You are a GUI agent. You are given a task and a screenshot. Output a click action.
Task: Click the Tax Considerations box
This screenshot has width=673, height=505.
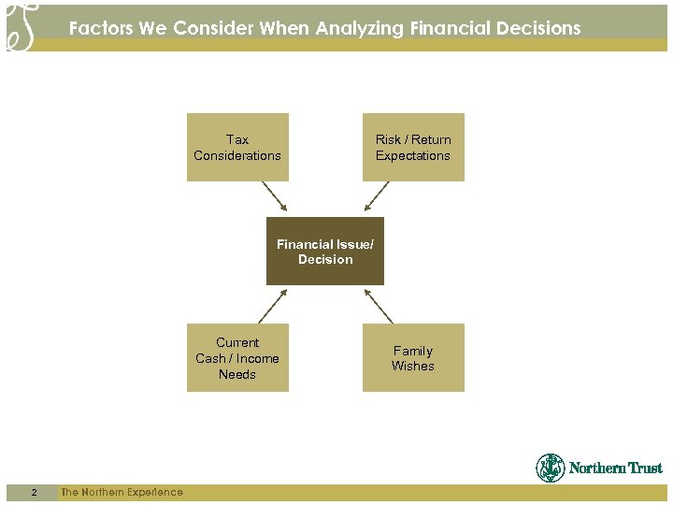[237, 147]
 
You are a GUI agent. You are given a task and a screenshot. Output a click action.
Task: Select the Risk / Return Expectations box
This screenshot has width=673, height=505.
[413, 147]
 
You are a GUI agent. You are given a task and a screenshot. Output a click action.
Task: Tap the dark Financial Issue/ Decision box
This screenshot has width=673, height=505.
[325, 252]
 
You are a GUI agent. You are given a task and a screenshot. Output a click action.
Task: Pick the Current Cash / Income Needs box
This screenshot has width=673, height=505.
[237, 357]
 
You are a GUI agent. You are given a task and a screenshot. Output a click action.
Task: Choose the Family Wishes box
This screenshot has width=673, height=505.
[413, 357]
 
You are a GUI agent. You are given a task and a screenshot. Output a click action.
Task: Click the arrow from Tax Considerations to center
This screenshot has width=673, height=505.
[275, 196]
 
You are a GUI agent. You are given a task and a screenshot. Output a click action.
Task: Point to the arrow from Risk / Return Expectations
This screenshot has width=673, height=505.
[377, 196]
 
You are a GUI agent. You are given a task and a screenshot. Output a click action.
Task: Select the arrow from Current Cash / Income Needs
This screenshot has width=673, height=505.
[275, 305]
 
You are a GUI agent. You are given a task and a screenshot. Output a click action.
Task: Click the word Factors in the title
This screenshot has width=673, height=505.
[101, 28]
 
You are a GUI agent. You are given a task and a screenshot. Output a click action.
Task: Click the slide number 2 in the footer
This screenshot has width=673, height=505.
[34, 492]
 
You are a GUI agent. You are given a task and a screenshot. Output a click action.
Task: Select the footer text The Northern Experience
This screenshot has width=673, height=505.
[122, 492]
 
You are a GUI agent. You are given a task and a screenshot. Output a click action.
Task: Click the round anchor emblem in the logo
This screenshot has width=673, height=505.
[551, 468]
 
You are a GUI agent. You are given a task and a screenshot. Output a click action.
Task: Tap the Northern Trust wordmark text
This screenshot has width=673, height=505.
[615, 469]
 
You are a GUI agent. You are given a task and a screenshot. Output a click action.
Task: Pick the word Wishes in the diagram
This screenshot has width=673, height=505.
[413, 366]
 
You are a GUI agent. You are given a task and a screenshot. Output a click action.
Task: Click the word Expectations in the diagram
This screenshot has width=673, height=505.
[413, 155]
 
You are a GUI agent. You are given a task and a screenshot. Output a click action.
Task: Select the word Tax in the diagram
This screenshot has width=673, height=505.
[237, 139]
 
